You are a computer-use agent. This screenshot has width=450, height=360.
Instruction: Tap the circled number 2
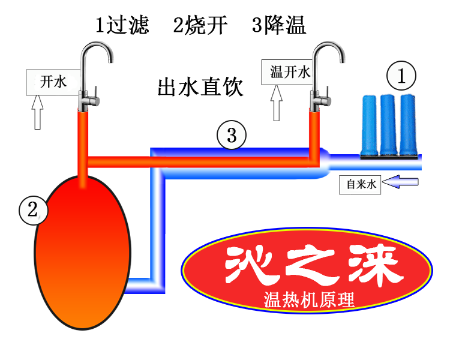click(33, 209)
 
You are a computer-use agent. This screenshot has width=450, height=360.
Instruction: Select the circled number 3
click(232, 136)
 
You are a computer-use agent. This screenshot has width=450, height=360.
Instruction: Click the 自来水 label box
click(359, 184)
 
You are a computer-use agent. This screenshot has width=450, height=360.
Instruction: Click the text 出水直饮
click(200, 87)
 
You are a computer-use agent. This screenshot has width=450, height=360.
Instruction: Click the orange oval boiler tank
click(82, 252)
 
